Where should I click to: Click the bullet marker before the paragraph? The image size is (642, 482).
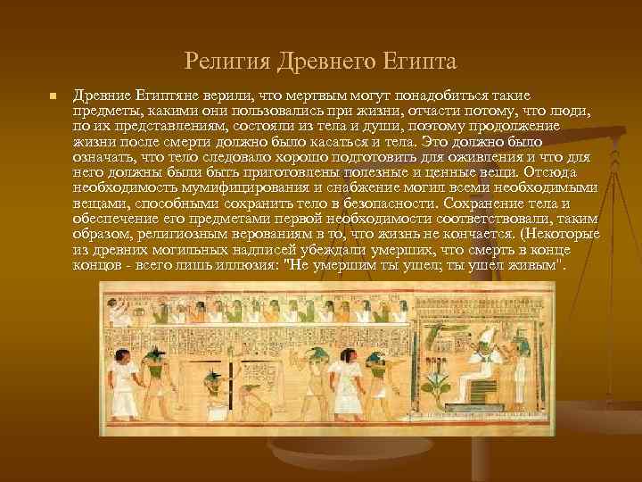53,96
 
